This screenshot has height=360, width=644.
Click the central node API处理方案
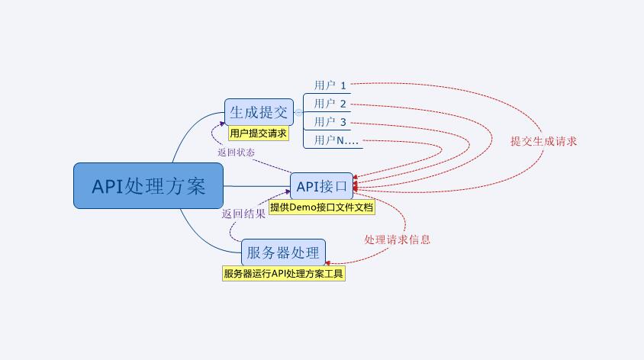148,185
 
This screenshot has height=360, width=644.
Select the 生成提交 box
259,112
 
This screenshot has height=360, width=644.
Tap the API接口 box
321,186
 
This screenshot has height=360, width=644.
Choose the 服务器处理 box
283,252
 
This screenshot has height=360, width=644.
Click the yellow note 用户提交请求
259,133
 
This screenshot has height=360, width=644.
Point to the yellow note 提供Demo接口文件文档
321,207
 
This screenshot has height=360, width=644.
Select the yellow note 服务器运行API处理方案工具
283,273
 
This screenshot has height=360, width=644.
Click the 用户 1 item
330,85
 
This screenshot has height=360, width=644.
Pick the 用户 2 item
330,104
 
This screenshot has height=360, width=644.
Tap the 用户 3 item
330,122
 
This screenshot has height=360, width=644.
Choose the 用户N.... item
336,140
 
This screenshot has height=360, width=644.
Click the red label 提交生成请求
543,141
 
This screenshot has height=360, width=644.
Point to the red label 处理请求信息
398,239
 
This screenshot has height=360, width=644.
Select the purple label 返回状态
237,153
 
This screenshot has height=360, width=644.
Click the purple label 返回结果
243,214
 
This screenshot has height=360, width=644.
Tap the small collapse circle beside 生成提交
298,112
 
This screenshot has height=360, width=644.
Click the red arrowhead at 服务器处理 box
328,262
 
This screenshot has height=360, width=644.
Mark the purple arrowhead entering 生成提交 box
222,124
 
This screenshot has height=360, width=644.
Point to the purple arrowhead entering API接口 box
288,191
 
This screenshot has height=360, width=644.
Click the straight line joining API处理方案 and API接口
256,186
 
